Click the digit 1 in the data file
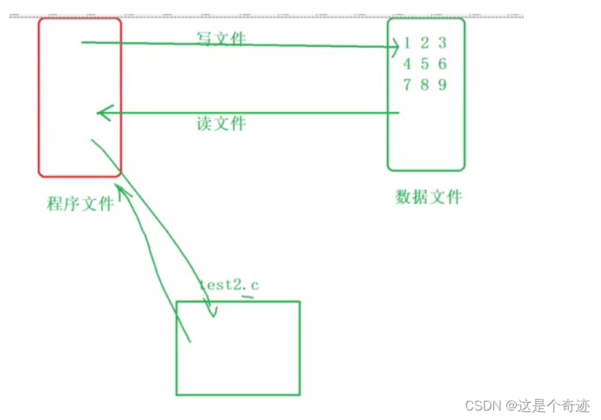(407, 42)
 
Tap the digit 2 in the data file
(425, 42)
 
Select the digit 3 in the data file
(442, 42)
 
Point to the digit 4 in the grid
(407, 63)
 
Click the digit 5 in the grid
(425, 63)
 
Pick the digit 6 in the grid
(442, 63)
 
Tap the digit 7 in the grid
(407, 84)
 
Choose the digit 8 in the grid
(425, 84)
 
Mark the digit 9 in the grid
(442, 84)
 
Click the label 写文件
(221, 38)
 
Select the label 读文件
(221, 123)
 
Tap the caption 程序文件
(80, 203)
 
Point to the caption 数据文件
(429, 197)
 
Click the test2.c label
(228, 285)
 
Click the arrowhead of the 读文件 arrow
(103, 113)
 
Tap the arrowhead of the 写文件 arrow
(394, 47)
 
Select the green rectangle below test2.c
(238, 348)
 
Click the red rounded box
(80, 97)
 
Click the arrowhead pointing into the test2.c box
(212, 312)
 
